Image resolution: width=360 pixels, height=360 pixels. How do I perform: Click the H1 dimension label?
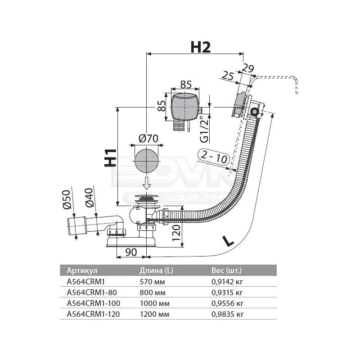coord(111,158)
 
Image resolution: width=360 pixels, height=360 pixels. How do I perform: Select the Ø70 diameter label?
coord(147,139)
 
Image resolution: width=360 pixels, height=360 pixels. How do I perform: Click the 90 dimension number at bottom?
coord(131,252)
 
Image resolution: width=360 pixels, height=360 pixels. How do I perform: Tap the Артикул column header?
coord(82,270)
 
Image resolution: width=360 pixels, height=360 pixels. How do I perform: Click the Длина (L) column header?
coord(156,270)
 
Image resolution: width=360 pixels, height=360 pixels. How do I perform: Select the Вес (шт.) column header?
coord(226,270)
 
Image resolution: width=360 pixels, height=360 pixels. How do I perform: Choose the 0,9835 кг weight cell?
coord(227,313)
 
